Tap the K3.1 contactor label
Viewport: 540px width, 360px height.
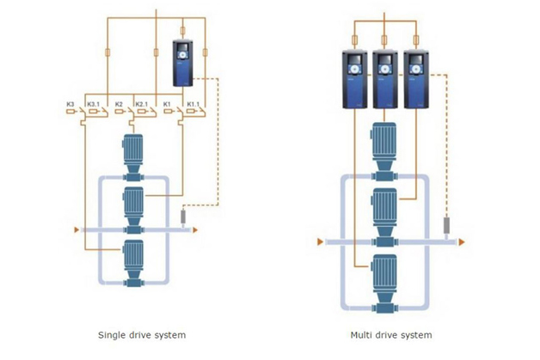[92, 104]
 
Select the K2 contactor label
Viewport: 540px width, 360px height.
[118, 104]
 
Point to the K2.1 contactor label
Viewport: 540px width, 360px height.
[140, 104]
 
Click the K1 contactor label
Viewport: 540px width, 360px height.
[166, 104]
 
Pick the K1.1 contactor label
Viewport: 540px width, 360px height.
[191, 104]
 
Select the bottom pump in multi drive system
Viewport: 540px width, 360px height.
[385, 288]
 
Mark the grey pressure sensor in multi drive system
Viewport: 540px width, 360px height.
[446, 228]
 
